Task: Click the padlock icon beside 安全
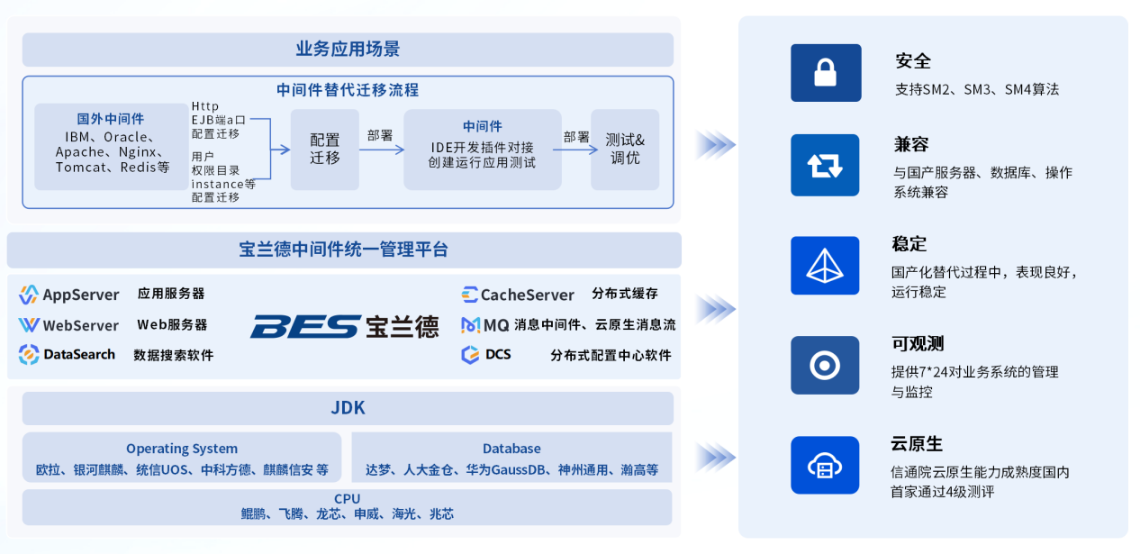tap(825, 73)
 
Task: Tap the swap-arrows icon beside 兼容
tap(825, 166)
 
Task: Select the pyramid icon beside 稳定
tap(825, 265)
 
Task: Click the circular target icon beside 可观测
tap(825, 365)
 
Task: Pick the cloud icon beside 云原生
tap(825, 466)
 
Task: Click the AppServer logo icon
tap(29, 295)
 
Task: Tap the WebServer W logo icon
tap(29, 325)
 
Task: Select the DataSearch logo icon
tap(29, 354)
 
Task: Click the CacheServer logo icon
tap(469, 295)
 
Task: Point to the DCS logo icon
tap(470, 354)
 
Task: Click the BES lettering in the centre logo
tap(306, 326)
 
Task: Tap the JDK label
tap(348, 408)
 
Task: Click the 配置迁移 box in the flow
tap(325, 150)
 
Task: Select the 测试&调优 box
tap(625, 150)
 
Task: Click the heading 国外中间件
tap(111, 119)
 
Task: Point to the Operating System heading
tap(182, 449)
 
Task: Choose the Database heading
tap(511, 449)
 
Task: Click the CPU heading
tap(347, 498)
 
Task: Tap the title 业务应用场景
tap(348, 49)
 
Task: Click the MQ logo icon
tap(470, 325)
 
